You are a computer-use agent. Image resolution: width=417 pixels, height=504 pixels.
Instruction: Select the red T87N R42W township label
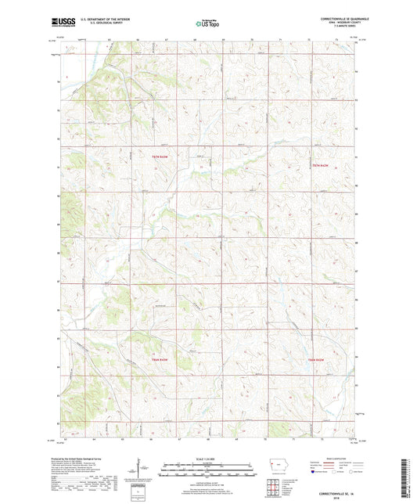321,165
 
